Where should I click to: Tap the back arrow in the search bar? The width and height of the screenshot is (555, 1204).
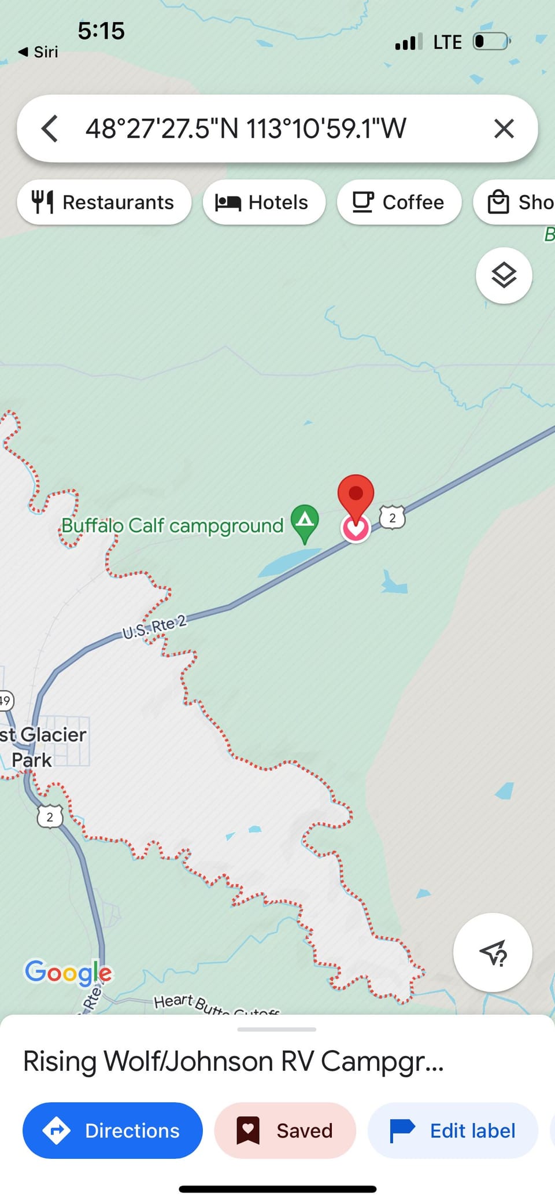pyautogui.click(x=50, y=128)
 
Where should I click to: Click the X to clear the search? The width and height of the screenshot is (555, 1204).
pyautogui.click(x=504, y=128)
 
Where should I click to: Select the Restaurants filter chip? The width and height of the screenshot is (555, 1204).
pyautogui.click(x=104, y=202)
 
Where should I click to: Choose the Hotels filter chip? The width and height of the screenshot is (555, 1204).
pyautogui.click(x=264, y=202)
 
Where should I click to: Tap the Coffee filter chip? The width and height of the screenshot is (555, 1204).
pyautogui.click(x=399, y=202)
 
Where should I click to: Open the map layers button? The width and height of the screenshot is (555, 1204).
pyautogui.click(x=504, y=275)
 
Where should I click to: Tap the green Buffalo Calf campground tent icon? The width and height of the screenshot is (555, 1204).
pyautogui.click(x=305, y=521)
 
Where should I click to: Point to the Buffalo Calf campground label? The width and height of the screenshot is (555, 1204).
pyautogui.click(x=172, y=526)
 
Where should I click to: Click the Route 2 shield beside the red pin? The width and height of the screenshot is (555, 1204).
pyautogui.click(x=392, y=517)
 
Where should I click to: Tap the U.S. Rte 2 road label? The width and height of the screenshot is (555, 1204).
pyautogui.click(x=154, y=627)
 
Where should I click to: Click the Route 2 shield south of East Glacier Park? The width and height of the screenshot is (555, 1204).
pyautogui.click(x=50, y=817)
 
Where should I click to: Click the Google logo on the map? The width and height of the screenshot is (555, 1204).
pyautogui.click(x=68, y=973)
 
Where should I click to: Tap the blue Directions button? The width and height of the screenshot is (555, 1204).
pyautogui.click(x=113, y=1131)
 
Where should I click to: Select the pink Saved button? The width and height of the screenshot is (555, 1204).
pyautogui.click(x=285, y=1131)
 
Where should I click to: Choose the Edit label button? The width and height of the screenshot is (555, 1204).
pyautogui.click(x=453, y=1131)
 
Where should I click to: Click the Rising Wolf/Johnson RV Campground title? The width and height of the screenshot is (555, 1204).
pyautogui.click(x=234, y=1062)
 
